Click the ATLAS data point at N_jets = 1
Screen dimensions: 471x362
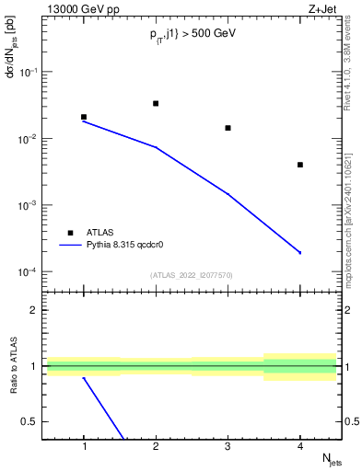pyautogui.click(x=84, y=117)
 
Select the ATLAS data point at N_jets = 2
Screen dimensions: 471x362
pyautogui.click(x=156, y=103)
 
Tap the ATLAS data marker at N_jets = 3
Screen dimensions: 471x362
pyautogui.click(x=228, y=128)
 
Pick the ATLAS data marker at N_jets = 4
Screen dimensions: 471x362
pyautogui.click(x=300, y=165)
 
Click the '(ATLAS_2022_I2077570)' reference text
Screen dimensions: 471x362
pyautogui.click(x=191, y=274)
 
